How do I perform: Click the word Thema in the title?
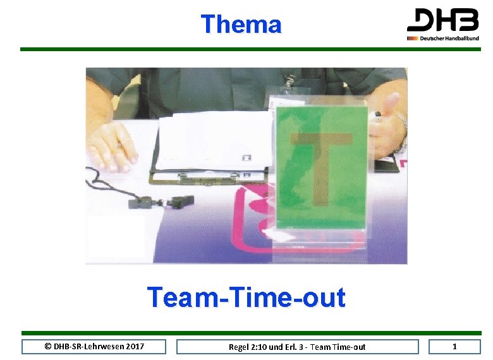tap(241, 25)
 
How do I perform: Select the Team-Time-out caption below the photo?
tap(246, 297)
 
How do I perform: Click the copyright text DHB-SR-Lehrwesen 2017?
tap(94, 346)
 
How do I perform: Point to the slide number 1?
tap(454, 346)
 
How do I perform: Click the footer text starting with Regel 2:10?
tap(297, 347)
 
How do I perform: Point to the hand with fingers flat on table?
tap(113, 147)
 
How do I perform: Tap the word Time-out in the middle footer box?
tap(349, 347)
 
